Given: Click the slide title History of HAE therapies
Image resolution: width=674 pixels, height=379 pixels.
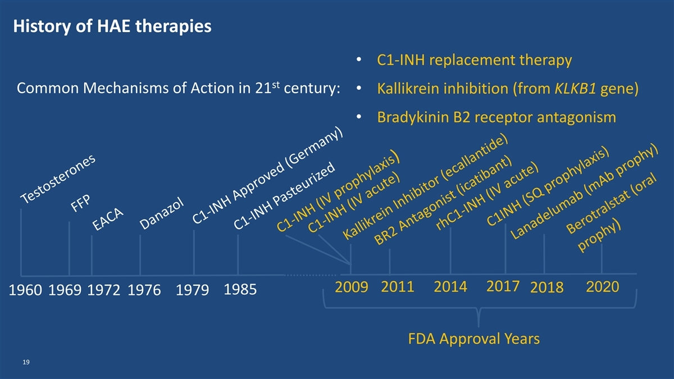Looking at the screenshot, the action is point(112,26).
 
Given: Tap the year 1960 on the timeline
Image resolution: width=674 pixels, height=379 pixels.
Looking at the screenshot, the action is point(25,290).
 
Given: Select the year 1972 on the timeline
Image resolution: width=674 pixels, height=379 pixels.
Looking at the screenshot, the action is point(103,290).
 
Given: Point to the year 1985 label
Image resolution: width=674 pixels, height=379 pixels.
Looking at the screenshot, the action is point(240,289).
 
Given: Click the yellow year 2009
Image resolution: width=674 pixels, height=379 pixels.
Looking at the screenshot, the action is point(352,287).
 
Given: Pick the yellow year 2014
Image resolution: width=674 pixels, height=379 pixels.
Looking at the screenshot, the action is point(450,286).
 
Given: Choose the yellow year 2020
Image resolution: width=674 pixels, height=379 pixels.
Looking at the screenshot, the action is point(602,287).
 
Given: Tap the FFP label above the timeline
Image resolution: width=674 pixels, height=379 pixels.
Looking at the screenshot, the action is point(80,203).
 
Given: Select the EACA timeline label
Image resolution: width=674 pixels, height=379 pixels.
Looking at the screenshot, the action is point(107,219).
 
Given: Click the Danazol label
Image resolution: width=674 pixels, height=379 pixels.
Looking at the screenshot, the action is point(162,213).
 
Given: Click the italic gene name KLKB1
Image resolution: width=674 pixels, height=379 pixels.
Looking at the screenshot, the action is point(575,89).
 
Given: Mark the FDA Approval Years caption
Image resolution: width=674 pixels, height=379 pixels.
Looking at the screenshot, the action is point(474,339).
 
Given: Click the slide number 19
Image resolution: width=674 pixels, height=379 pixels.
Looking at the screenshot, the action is point(26,362).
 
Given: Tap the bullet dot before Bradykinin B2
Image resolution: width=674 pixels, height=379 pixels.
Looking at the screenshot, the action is point(359,117).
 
